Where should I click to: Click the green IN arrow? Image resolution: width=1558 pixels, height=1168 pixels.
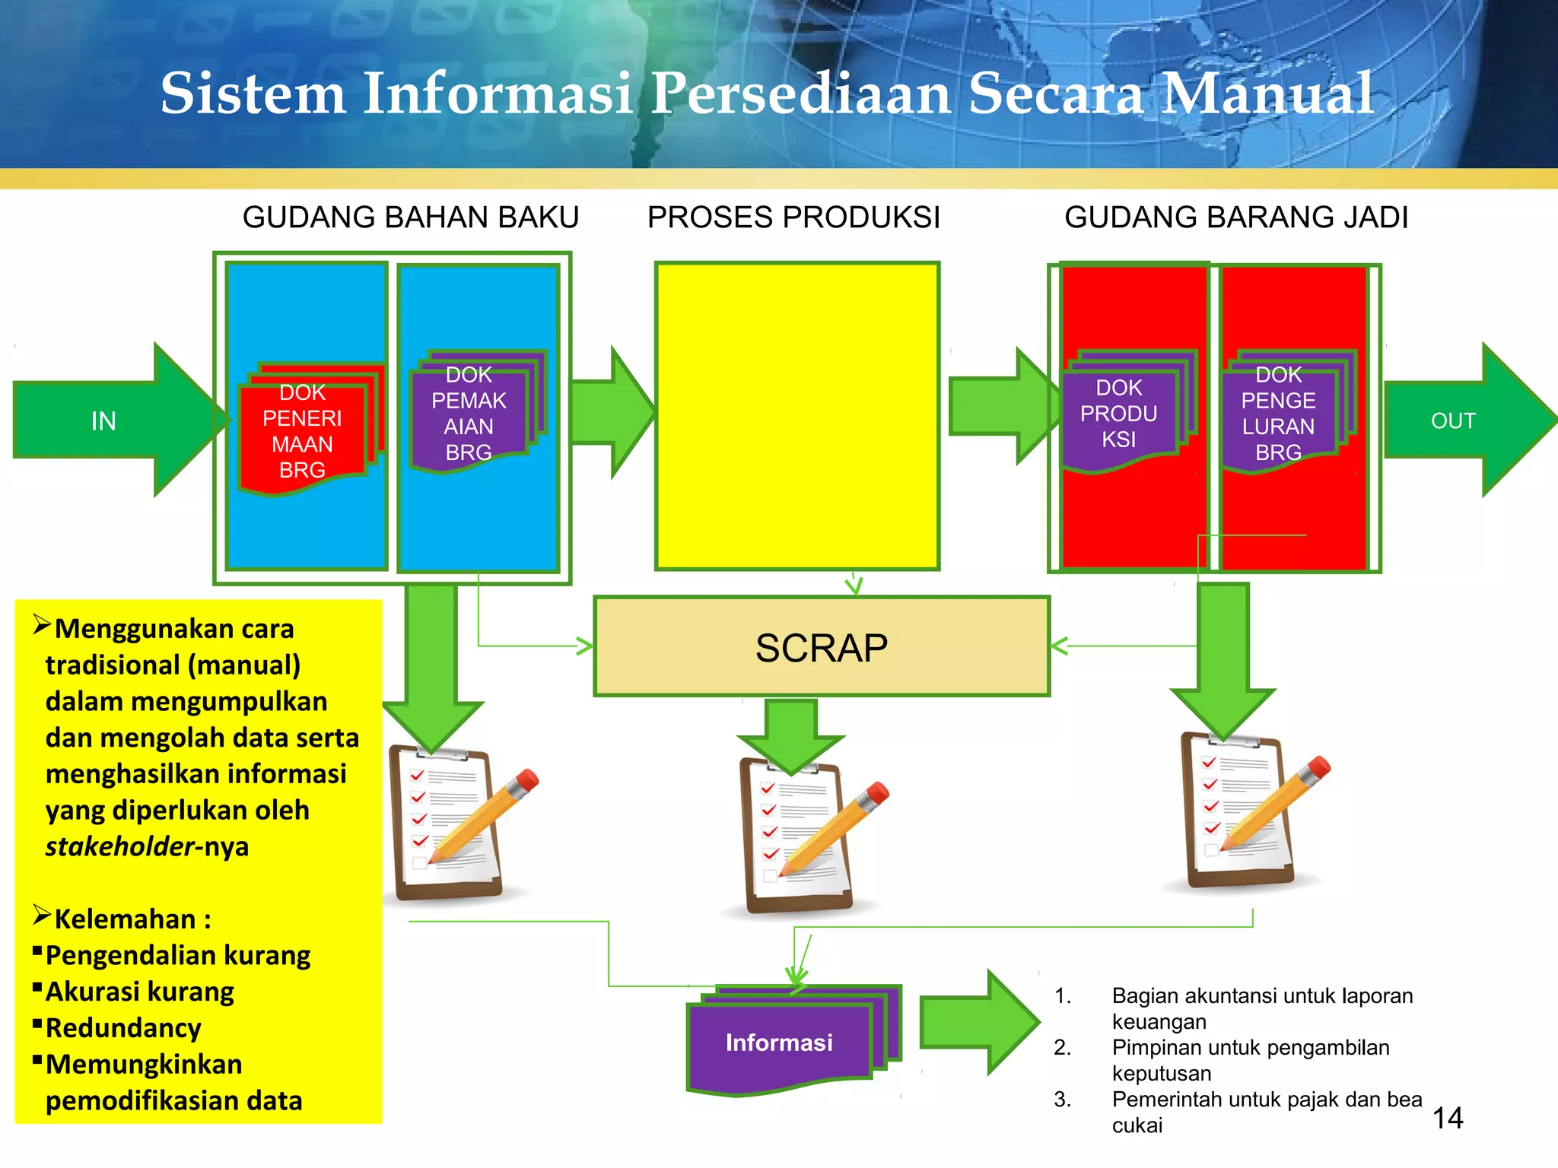pos(107,421)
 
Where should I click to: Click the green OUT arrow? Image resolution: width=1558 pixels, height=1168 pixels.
pos(1461,421)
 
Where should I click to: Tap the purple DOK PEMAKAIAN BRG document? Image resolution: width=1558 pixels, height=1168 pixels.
pos(469,414)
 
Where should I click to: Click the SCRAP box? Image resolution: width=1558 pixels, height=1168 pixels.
pos(822,647)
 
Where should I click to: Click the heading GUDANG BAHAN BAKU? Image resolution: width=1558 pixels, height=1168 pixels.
pos(411,217)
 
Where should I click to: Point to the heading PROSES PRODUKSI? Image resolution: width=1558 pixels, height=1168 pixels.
pos(793,217)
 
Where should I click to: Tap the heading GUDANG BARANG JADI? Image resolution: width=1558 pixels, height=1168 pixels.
pos(1236,217)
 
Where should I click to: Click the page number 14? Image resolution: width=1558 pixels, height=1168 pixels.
pos(1448,1118)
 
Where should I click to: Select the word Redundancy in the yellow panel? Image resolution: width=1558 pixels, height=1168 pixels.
pos(123,1028)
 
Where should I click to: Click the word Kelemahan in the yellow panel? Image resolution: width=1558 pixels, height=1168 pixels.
pos(126,919)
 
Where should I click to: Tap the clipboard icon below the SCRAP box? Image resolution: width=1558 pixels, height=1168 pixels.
pos(795,836)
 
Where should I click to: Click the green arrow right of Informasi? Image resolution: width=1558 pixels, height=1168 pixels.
pos(978,1023)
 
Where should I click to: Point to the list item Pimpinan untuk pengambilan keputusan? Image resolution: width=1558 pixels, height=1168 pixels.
pos(1250,1060)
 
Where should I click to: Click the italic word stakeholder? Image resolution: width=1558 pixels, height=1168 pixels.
pos(119,846)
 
